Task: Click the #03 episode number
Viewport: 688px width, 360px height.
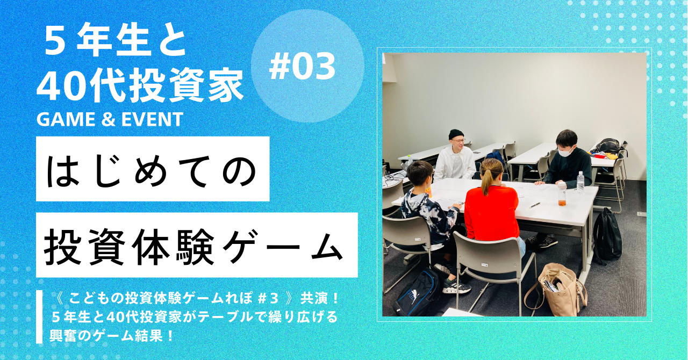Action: (302, 66)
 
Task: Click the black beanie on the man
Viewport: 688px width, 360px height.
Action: (456, 134)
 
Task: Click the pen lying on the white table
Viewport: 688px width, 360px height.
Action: (535, 205)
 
